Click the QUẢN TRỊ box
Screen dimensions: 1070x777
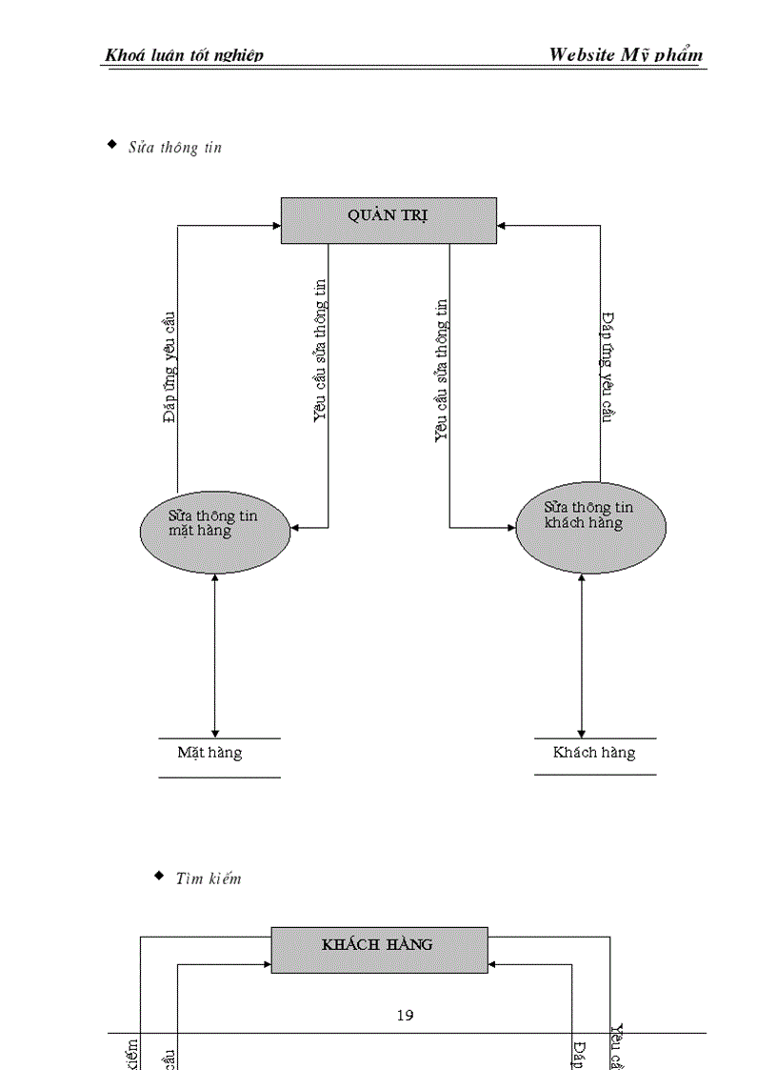click(x=388, y=220)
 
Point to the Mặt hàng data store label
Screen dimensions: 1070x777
click(x=210, y=753)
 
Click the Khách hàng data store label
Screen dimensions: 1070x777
click(x=594, y=753)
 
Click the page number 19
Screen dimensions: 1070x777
click(x=405, y=1016)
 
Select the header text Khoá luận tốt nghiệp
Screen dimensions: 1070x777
click(x=184, y=55)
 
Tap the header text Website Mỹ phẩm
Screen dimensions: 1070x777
click(x=626, y=54)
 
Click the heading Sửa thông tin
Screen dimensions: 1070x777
click(x=175, y=148)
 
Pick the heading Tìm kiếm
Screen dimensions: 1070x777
click(x=209, y=878)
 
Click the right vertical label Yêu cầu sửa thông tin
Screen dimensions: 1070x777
click(x=441, y=371)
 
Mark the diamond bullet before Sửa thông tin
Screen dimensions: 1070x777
click(x=111, y=145)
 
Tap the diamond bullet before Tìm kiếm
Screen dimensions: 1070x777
click(x=159, y=875)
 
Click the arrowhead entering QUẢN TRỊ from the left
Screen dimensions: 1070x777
click(x=276, y=226)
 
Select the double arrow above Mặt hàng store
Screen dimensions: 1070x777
click(x=215, y=655)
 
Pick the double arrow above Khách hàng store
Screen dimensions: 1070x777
click(x=581, y=655)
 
